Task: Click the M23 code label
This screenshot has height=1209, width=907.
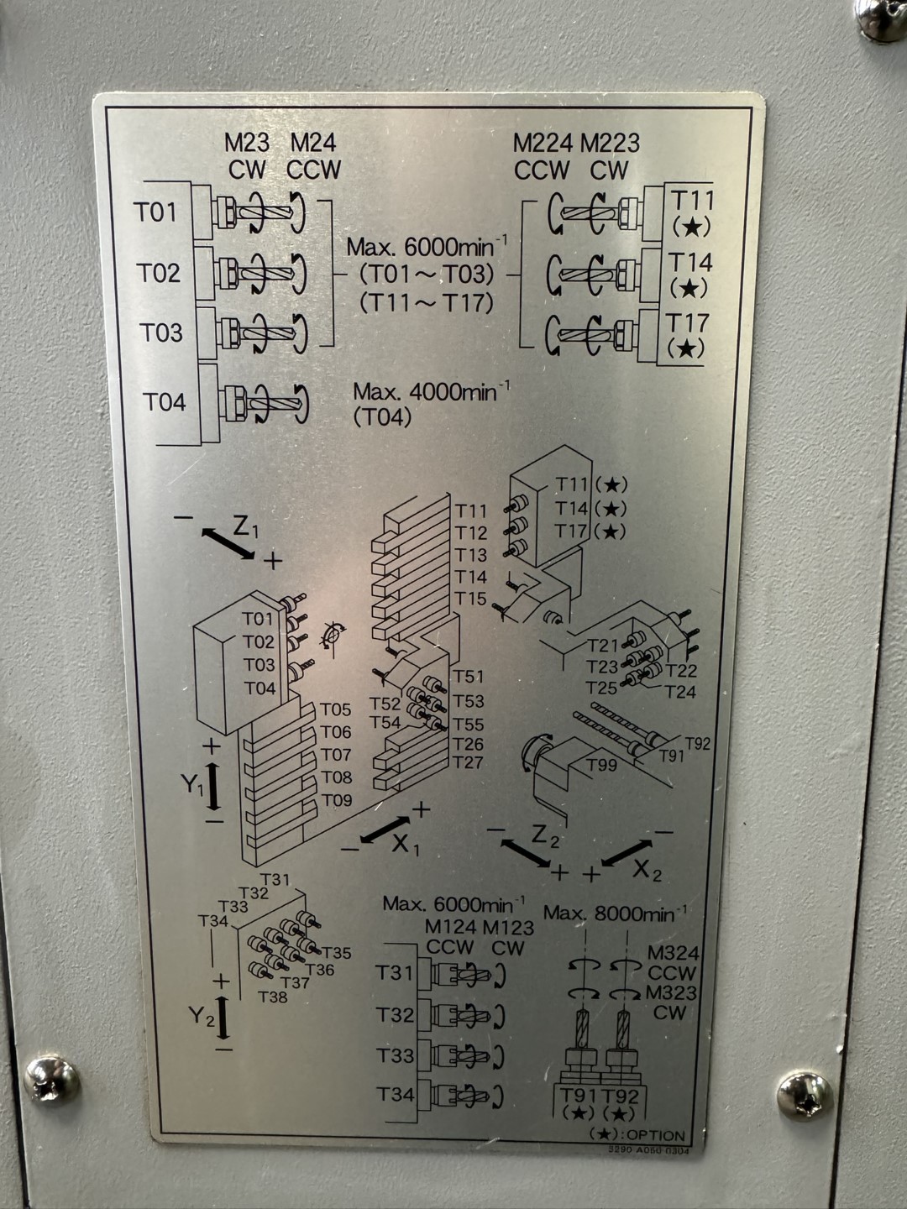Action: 246,143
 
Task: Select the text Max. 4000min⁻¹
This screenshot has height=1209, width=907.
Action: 431,391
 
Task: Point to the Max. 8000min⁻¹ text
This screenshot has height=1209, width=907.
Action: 615,913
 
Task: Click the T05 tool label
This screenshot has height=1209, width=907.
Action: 336,710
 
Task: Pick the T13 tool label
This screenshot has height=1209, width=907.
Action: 471,555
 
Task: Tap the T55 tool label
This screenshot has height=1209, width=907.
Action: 469,724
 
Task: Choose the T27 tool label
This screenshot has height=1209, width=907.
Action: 468,762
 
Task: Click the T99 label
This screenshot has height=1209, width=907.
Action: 602,765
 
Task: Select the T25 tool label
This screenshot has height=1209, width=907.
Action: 601,688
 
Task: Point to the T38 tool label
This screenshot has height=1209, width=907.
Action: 273,997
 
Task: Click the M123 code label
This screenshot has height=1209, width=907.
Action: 508,928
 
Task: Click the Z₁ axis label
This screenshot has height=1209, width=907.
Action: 246,527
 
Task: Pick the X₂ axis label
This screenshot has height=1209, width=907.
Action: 647,871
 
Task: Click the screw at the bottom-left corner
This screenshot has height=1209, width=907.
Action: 52,1080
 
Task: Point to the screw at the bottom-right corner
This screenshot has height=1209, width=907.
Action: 805,1095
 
